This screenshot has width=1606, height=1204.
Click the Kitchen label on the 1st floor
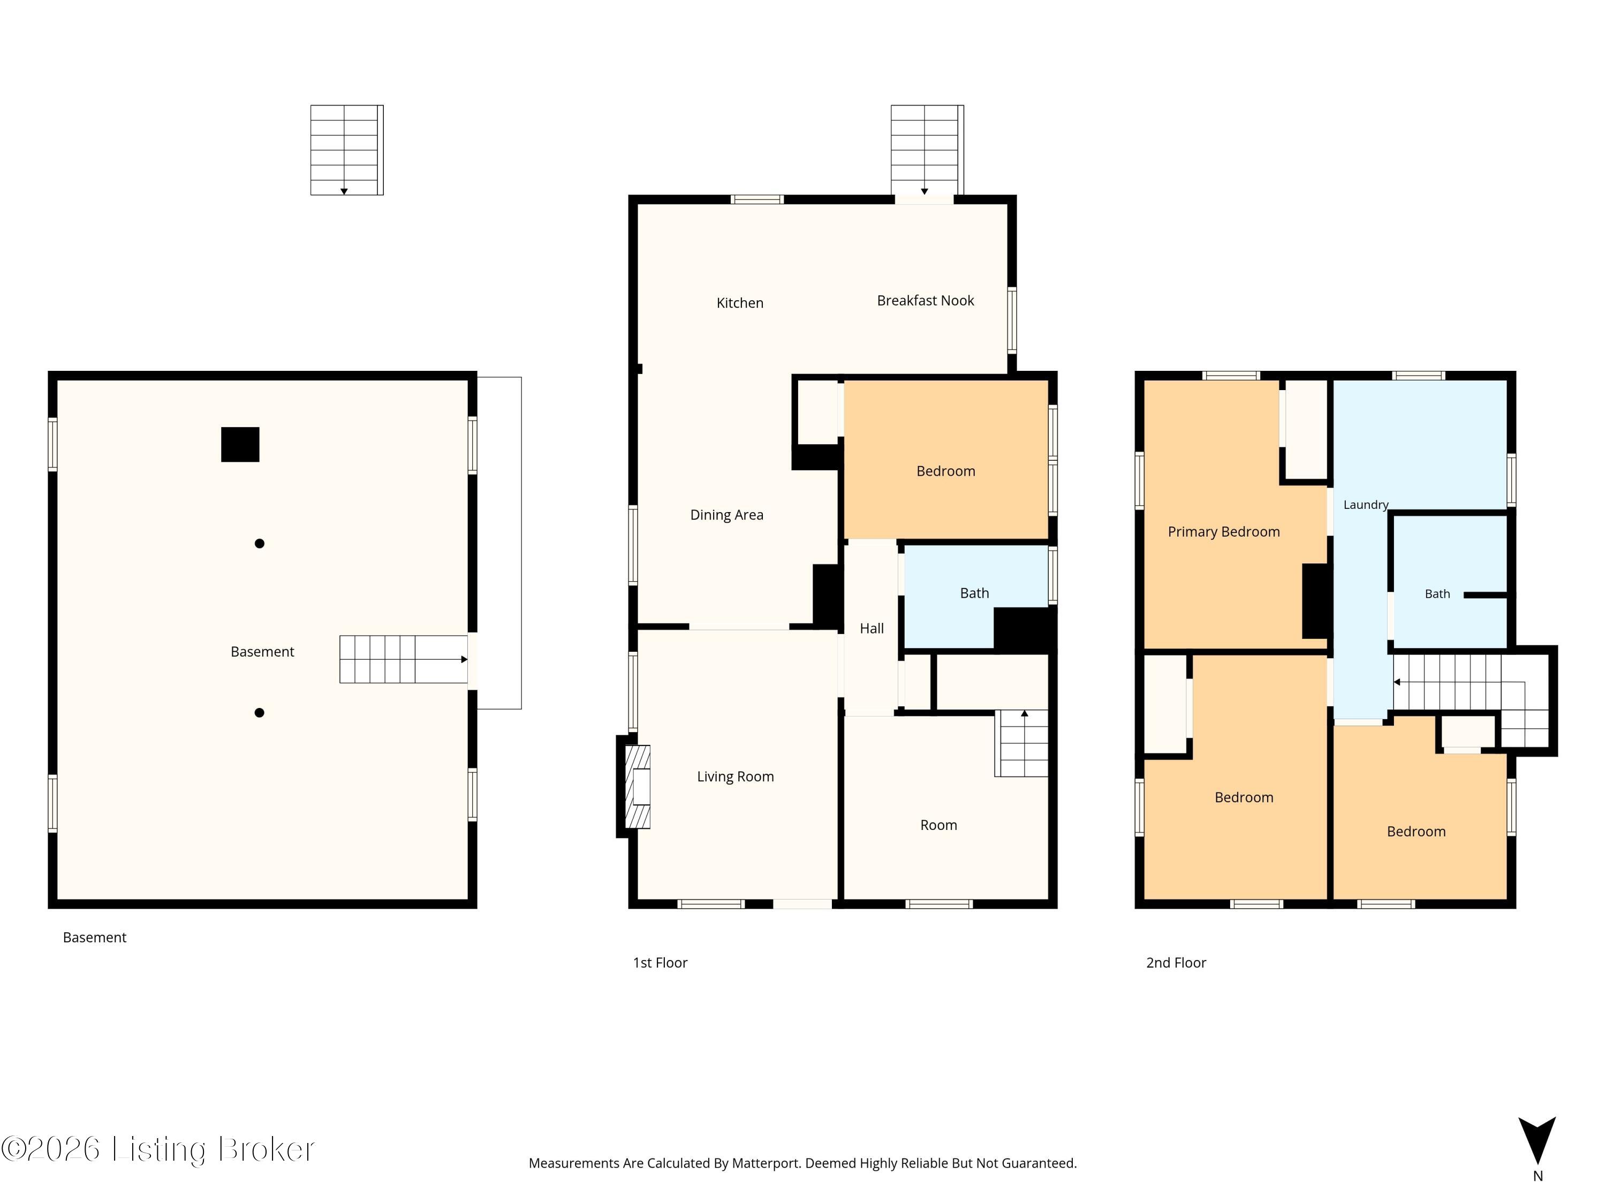(x=740, y=303)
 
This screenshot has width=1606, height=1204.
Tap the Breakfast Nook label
(x=926, y=300)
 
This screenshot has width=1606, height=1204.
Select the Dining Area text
(x=727, y=515)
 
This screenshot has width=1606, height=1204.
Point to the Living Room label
(x=736, y=776)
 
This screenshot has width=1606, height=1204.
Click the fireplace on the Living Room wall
(x=634, y=787)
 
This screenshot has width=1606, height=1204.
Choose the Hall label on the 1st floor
(x=872, y=629)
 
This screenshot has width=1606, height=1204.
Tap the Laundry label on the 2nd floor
(x=1366, y=505)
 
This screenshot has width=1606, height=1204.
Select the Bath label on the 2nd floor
(x=1437, y=593)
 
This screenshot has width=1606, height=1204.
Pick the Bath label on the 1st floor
(x=974, y=593)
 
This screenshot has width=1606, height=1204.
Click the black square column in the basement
(x=240, y=445)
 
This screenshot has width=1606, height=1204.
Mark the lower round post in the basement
(x=259, y=713)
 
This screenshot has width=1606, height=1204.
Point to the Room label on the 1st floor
(x=939, y=825)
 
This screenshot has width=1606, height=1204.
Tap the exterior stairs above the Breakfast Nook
(x=927, y=150)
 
